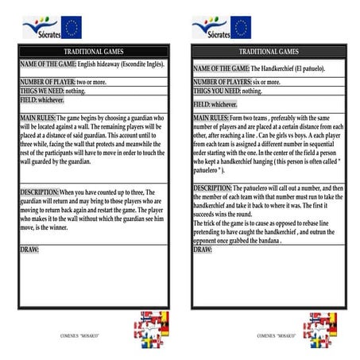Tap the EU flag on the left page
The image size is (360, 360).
[x=72, y=27]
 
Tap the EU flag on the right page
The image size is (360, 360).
[x=241, y=27]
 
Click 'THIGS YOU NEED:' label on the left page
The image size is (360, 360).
[x=41, y=90]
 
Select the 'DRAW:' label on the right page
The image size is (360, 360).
[x=203, y=250]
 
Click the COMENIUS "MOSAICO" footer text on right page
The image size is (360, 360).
[x=277, y=336]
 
